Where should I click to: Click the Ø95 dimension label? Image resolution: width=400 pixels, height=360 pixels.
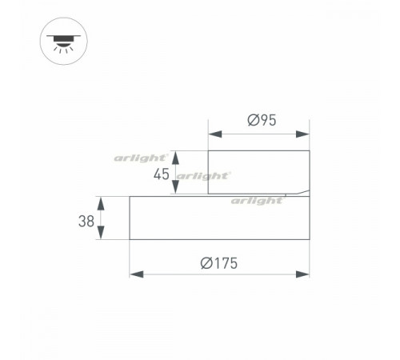point(262,120)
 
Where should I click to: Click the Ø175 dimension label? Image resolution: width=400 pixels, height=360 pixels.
point(219,263)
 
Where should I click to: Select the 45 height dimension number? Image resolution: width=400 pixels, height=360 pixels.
point(162,174)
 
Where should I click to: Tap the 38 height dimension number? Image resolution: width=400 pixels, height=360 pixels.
point(86,221)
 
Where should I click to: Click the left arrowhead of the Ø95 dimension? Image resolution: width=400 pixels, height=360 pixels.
point(215,134)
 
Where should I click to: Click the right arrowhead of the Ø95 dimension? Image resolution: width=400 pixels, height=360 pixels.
point(302,134)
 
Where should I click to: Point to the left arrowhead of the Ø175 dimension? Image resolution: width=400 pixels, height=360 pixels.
point(136,274)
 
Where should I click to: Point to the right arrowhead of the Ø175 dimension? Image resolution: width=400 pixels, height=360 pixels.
point(302,274)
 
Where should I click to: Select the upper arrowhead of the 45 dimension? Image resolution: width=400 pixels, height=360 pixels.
point(175,158)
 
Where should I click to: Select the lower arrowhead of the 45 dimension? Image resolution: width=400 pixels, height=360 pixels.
point(175,186)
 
